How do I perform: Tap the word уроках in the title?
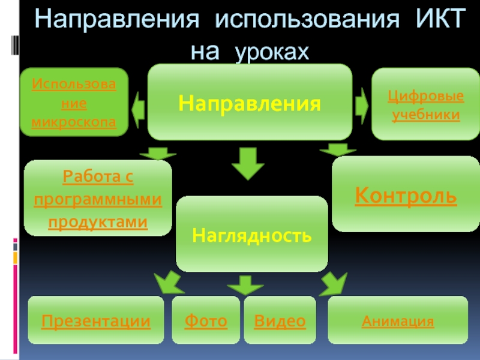pos(272,51)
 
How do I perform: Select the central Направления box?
pos(250,102)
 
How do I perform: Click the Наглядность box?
pos(252,234)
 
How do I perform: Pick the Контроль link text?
pos(406,195)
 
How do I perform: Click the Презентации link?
pos(96,321)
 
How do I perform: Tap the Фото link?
pos(206,321)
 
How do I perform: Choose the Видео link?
pos(280,321)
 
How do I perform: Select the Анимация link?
pos(398,321)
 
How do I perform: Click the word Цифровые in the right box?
pos(425,96)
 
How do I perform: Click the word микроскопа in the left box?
pos(74,122)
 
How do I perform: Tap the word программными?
pos(98,199)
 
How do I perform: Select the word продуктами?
pos(98,221)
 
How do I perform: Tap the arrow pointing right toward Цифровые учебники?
pos(362,105)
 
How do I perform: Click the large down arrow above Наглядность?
pos(244,163)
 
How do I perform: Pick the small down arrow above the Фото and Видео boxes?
pos(244,284)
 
